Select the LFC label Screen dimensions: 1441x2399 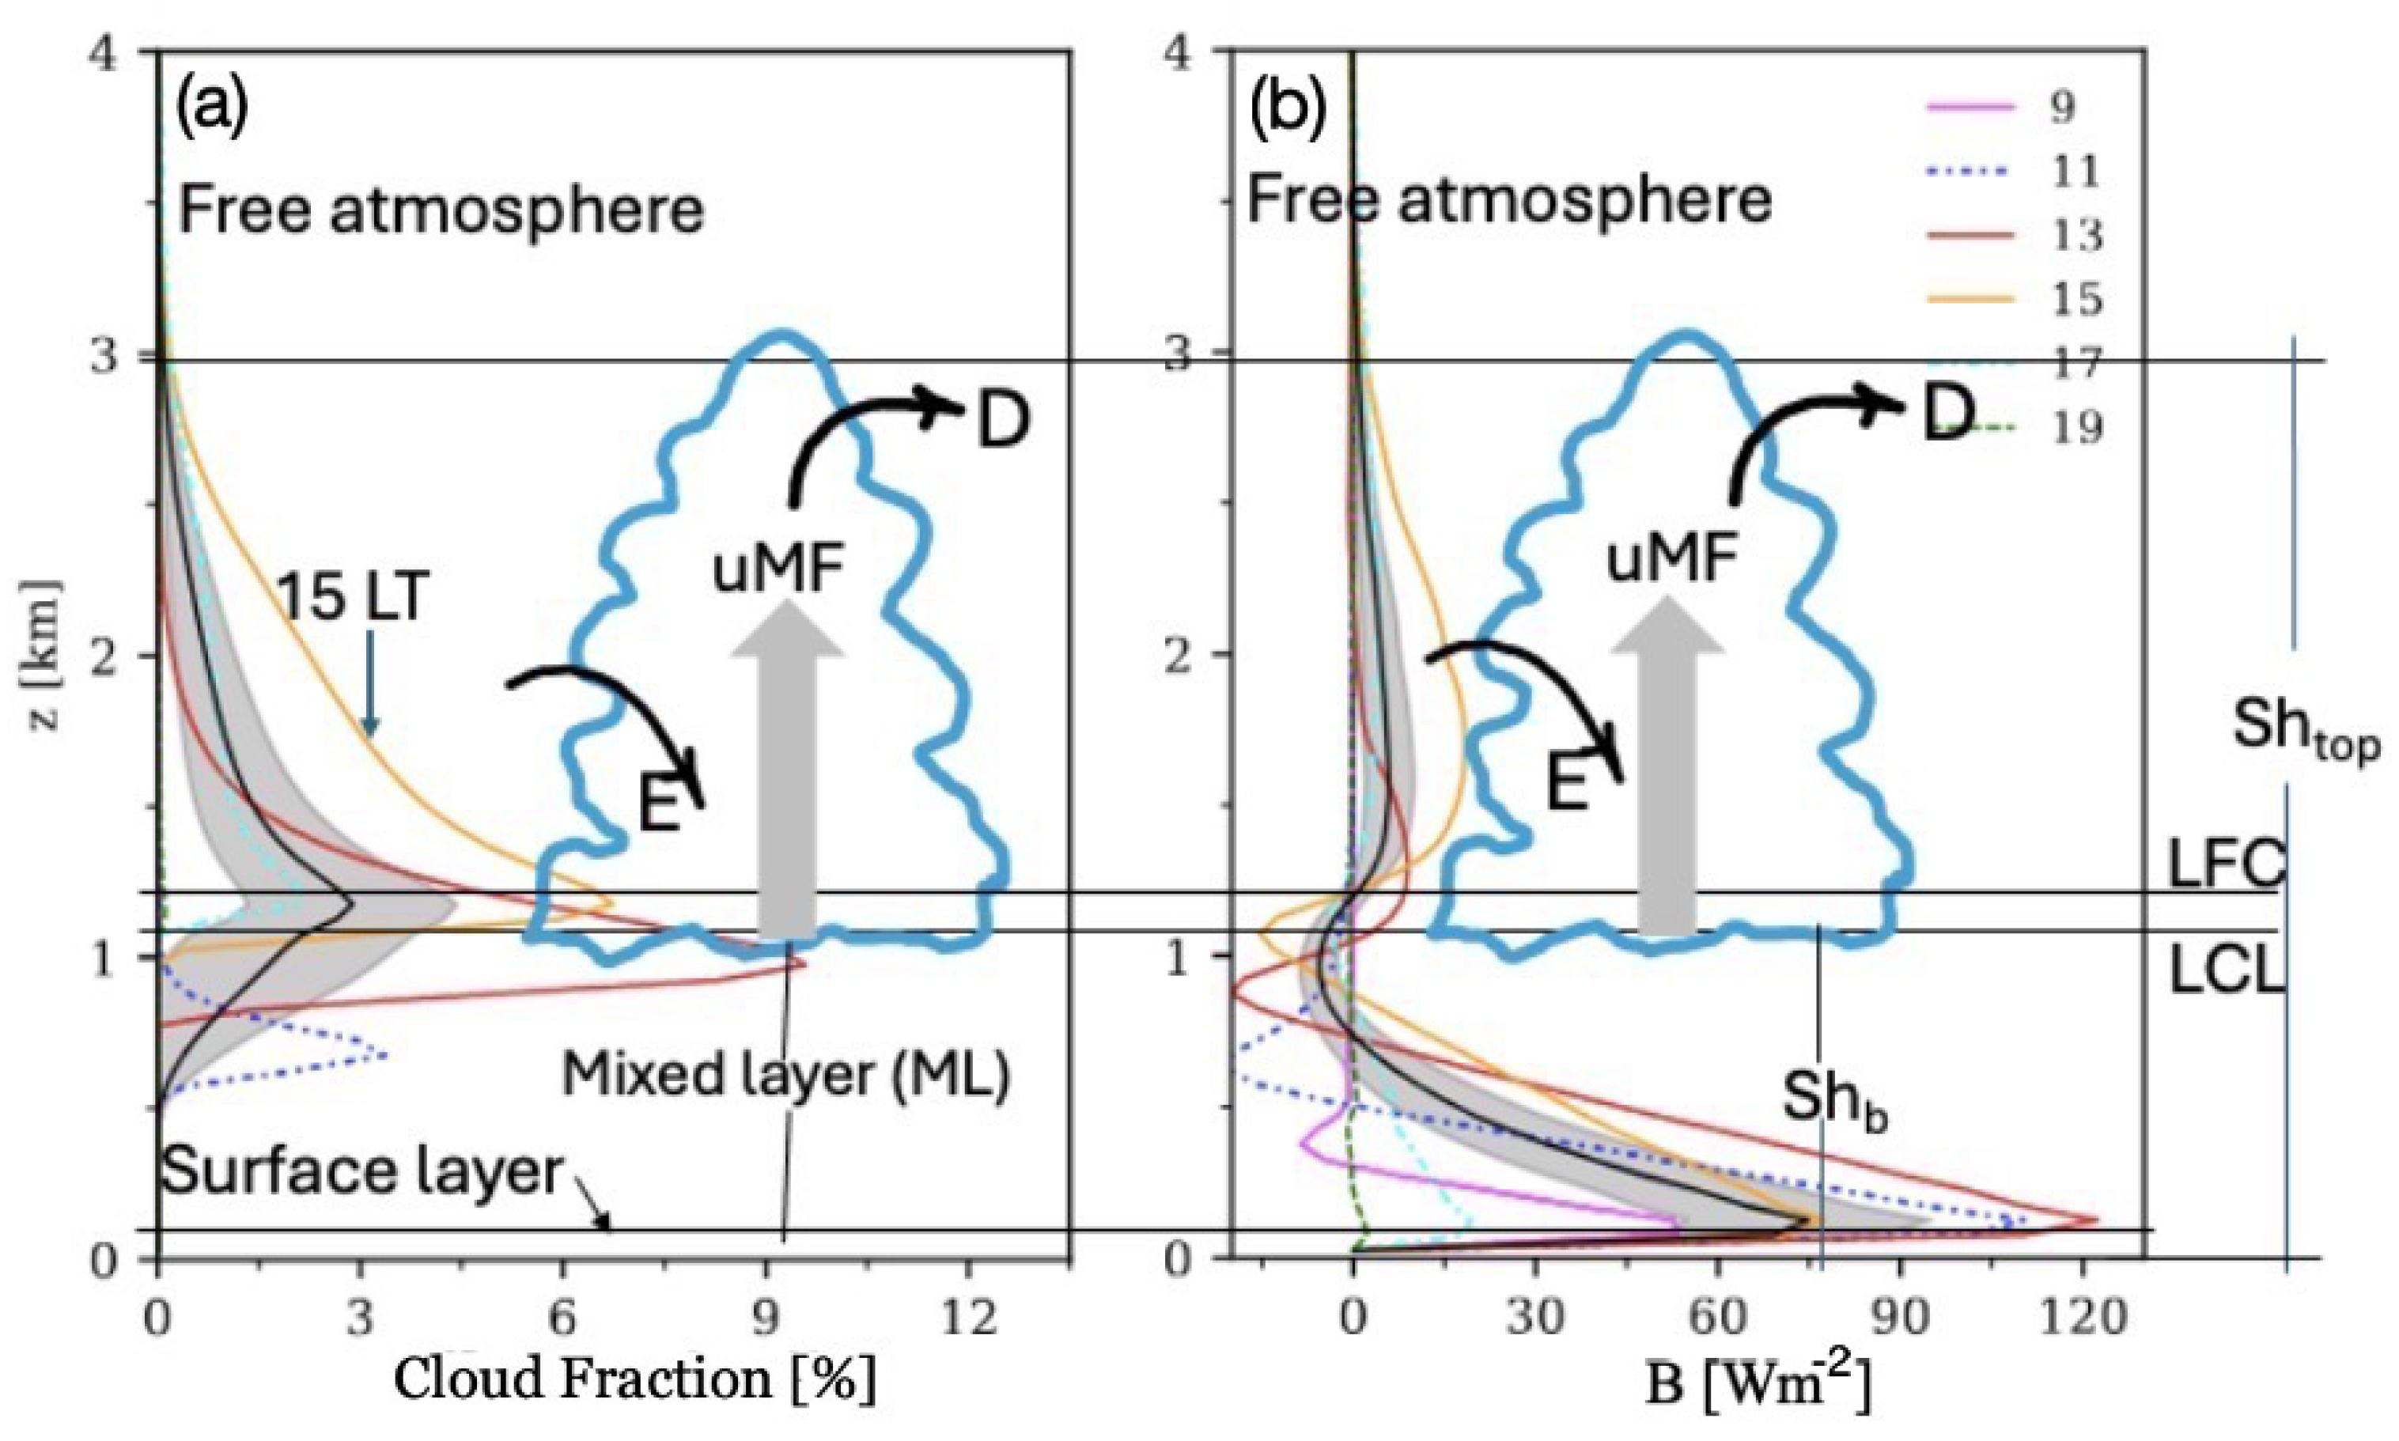click(2223, 864)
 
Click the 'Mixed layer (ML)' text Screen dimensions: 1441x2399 click(786, 1075)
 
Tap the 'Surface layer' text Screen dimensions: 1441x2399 click(361, 1171)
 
